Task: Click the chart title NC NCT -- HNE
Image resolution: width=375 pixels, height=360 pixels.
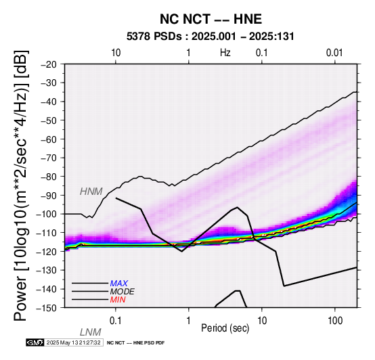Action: tap(211, 19)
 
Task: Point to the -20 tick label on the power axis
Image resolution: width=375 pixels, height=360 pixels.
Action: tap(49, 64)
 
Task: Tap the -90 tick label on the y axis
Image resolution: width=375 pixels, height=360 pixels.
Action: tap(49, 196)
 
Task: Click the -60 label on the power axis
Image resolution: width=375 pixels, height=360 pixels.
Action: tap(49, 139)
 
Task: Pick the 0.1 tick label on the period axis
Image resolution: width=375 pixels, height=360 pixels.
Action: tap(116, 321)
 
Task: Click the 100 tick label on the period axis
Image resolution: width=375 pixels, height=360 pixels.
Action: tap(335, 321)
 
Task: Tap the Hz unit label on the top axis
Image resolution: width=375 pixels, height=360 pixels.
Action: tap(225, 53)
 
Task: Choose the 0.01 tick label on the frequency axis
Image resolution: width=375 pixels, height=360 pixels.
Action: tap(334, 53)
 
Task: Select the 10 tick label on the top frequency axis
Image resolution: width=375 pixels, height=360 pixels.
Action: tap(116, 53)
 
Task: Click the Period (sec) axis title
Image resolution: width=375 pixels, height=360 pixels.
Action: tap(225, 328)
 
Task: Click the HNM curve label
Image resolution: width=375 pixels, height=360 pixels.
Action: tap(91, 192)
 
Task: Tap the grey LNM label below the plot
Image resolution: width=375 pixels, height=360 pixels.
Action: tap(91, 332)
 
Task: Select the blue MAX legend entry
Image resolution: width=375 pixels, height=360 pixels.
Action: tap(119, 284)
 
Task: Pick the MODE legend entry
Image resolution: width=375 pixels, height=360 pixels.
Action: tap(123, 292)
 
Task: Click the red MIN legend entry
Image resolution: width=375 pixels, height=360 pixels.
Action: tap(118, 300)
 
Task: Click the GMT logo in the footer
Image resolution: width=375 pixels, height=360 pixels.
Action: tap(35, 343)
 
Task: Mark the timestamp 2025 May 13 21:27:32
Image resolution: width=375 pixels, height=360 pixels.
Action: tap(73, 343)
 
